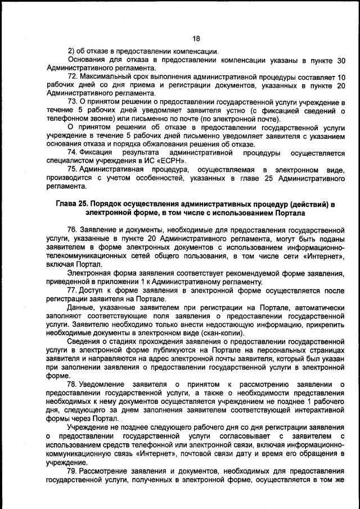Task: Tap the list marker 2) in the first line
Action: tap(71, 51)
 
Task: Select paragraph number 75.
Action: tap(73, 169)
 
